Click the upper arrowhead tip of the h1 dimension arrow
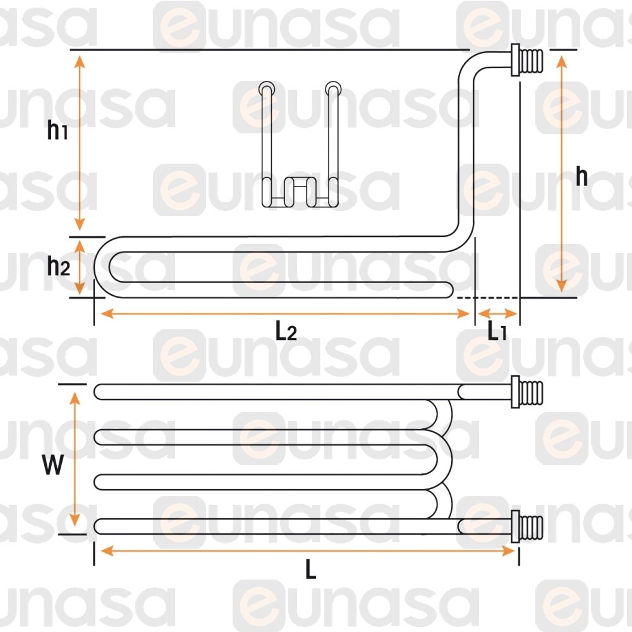[x=80, y=56]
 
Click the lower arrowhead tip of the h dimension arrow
[x=561, y=292]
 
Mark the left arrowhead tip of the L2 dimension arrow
[x=100, y=313]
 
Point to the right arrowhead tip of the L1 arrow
[x=517, y=313]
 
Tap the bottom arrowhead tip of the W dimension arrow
[x=75, y=526]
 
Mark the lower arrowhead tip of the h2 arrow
[x=80, y=295]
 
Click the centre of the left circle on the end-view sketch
[x=267, y=87]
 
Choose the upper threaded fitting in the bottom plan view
[x=527, y=392]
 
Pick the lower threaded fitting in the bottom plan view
[x=527, y=526]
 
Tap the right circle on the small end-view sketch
[x=332, y=87]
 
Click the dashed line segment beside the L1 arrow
[x=488, y=298]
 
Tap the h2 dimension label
[x=58, y=266]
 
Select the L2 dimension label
[x=286, y=331]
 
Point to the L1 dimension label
[x=497, y=331]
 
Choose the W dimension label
[x=53, y=465]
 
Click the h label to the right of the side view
[x=581, y=176]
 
